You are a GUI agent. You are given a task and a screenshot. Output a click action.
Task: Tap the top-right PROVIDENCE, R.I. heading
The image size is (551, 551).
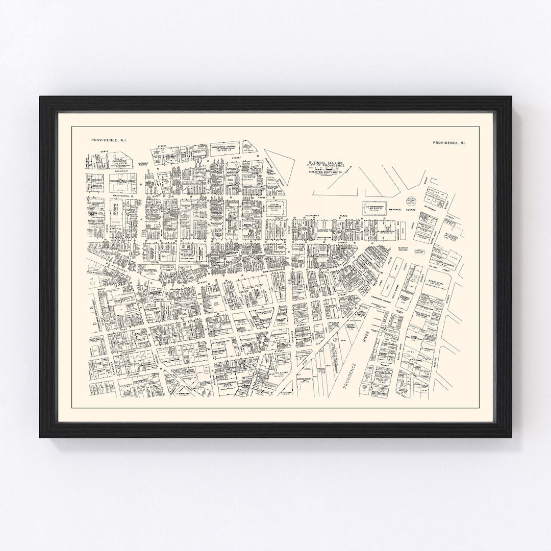[x=449, y=143]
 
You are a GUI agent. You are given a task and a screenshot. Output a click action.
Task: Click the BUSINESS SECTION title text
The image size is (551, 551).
[x=326, y=162]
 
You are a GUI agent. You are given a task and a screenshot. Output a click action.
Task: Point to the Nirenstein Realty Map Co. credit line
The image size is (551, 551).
[x=326, y=171]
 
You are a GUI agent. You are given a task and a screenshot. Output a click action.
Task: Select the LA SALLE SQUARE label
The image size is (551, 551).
[x=142, y=164]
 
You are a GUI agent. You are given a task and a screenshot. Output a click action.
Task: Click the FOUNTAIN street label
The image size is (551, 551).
[x=122, y=171]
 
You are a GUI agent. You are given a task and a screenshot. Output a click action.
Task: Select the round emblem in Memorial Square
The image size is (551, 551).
[x=411, y=201]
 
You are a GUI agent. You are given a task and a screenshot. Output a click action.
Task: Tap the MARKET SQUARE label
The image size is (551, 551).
[x=407, y=249]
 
